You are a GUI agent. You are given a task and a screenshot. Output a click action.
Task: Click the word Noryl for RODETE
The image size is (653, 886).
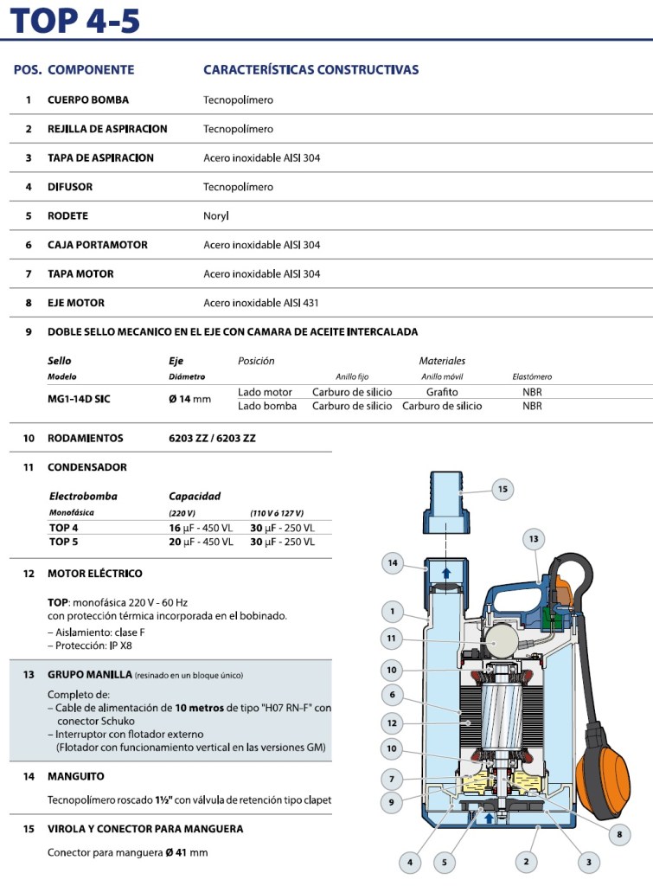[x=216, y=215]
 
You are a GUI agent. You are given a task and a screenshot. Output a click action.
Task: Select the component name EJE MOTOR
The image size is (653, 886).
[x=76, y=303]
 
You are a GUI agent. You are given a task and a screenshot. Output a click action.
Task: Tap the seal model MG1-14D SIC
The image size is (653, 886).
[x=79, y=399]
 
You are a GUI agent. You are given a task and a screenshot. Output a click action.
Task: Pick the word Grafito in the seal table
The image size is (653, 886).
[x=442, y=392]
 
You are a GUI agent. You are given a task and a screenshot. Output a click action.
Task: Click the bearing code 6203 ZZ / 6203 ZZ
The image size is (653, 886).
[x=212, y=438]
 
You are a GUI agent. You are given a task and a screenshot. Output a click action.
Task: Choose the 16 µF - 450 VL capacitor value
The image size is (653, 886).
[x=201, y=528]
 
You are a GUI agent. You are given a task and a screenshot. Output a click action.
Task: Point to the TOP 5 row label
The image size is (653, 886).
[x=64, y=542]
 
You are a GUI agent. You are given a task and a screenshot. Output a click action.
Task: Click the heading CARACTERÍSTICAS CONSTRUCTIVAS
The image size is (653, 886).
[x=310, y=69]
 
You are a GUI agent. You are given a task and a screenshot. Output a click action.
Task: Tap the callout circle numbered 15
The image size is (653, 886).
[x=503, y=489]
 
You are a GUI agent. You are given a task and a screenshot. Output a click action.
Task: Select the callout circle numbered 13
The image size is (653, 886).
[x=534, y=539]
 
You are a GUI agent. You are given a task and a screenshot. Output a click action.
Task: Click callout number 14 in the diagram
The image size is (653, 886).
[x=393, y=563]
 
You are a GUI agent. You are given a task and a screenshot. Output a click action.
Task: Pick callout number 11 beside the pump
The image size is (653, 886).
[x=393, y=639]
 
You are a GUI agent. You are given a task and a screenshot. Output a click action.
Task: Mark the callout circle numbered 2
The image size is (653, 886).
[x=526, y=861]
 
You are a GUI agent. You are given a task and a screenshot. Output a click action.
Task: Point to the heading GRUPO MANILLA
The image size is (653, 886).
[x=89, y=674]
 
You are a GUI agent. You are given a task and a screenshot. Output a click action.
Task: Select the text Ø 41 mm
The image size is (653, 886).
[x=187, y=852]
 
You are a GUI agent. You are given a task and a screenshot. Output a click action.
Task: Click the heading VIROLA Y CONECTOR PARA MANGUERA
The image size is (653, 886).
[x=145, y=828]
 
